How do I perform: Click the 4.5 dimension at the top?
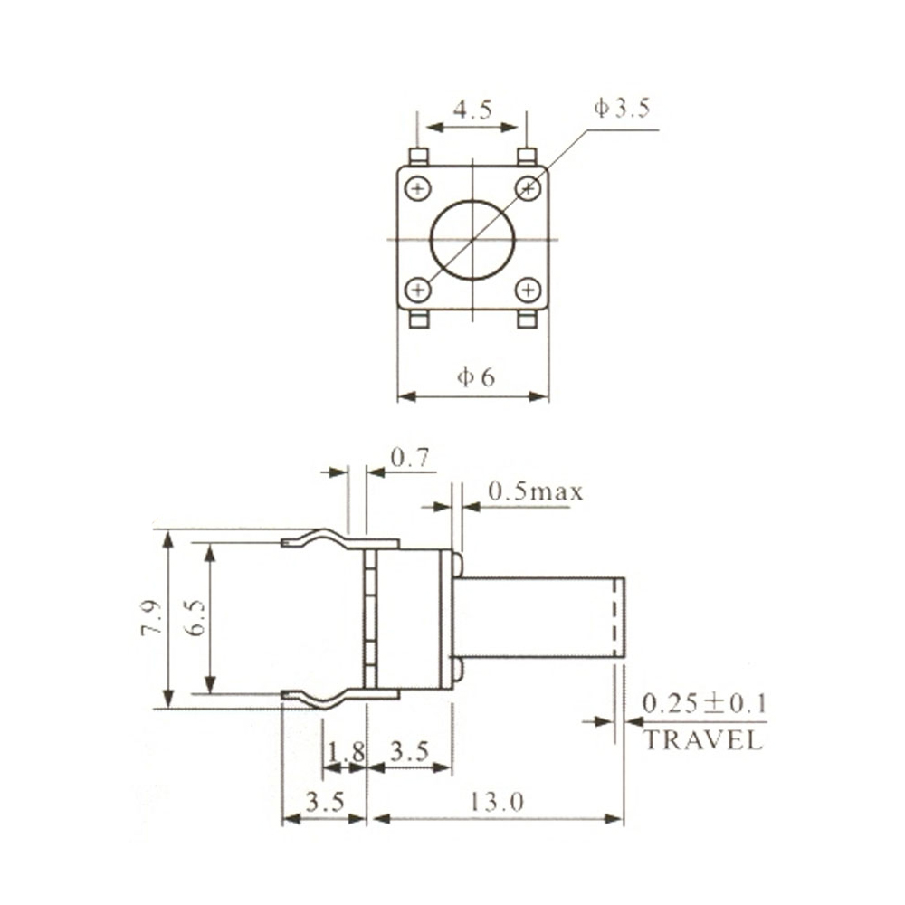pyautogui.click(x=472, y=110)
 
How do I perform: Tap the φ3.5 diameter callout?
pyautogui.click(x=623, y=110)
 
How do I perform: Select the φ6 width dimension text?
pyautogui.click(x=475, y=377)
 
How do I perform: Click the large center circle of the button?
pyautogui.click(x=472, y=239)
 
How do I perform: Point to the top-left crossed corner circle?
pyautogui.click(x=417, y=188)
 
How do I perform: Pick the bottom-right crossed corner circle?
pyautogui.click(x=528, y=290)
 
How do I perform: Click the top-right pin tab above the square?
pyautogui.click(x=528, y=157)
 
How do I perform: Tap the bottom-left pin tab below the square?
pyautogui.click(x=418, y=320)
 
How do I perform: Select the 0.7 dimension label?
pyautogui.click(x=409, y=459)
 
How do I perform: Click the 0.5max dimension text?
pyautogui.click(x=536, y=492)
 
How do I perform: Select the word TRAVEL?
pyautogui.click(x=703, y=740)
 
